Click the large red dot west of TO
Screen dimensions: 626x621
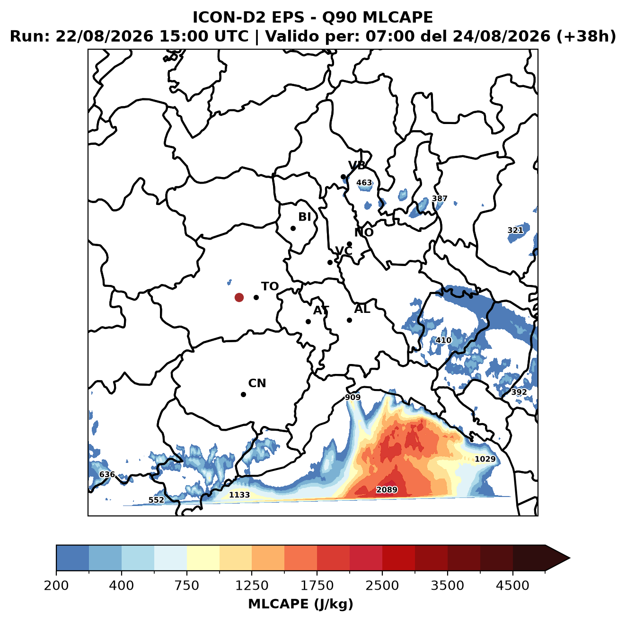(239, 297)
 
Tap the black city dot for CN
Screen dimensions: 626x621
(243, 394)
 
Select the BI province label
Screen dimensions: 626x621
(304, 217)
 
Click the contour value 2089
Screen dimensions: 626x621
(386, 489)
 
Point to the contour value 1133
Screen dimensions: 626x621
(239, 495)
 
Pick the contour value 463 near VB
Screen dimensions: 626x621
(364, 183)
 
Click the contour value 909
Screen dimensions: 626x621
(353, 397)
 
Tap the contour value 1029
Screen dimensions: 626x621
(485, 459)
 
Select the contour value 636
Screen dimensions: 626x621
(107, 474)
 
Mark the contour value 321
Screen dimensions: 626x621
(515, 230)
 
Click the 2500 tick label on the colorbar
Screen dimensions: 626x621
(382, 586)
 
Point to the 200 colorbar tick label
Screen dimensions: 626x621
(56, 586)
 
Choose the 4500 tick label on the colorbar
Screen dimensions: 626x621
(512, 586)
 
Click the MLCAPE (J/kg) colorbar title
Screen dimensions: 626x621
(300, 604)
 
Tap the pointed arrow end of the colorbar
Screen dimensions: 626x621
(570, 558)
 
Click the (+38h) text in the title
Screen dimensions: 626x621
(586, 36)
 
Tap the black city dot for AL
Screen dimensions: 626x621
(349, 320)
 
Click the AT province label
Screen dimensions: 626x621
(321, 310)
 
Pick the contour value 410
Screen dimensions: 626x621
(443, 340)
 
